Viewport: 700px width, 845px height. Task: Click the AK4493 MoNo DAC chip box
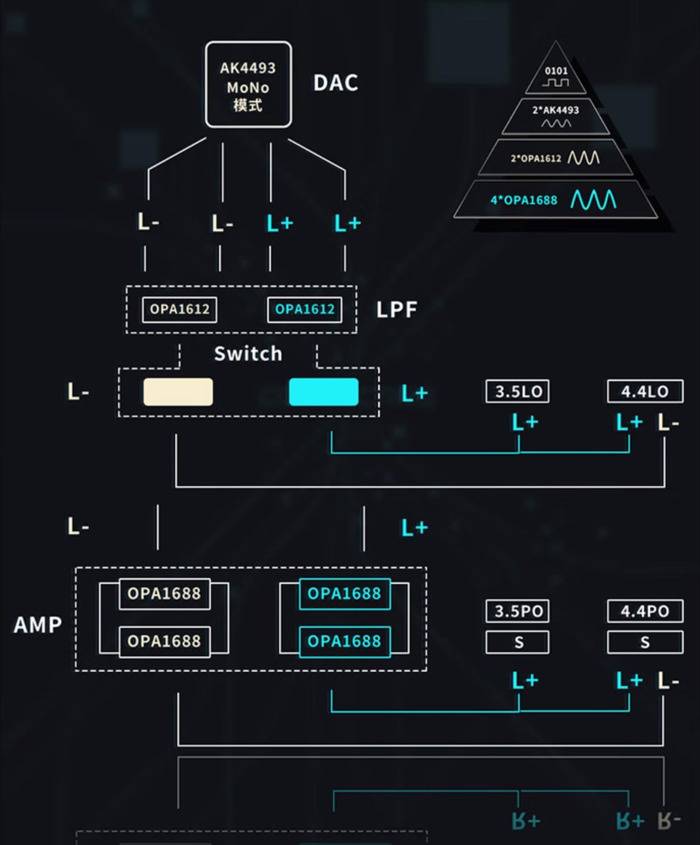(248, 85)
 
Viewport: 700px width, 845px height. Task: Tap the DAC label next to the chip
(335, 83)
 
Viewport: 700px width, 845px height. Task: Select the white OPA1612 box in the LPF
(180, 309)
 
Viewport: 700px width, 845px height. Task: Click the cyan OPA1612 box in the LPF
(304, 309)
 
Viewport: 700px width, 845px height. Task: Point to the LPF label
(397, 310)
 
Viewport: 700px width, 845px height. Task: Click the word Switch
(248, 354)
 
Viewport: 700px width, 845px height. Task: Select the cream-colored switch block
(178, 392)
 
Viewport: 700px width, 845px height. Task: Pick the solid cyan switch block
(324, 392)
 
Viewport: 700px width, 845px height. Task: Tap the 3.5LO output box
(517, 392)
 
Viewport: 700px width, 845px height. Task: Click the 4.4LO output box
(645, 392)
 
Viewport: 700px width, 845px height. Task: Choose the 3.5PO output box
(517, 611)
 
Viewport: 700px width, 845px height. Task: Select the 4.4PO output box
(645, 611)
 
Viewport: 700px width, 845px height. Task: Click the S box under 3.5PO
(517, 643)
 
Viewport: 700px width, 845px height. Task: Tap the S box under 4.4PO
(645, 643)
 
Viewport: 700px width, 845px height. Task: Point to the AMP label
(38, 625)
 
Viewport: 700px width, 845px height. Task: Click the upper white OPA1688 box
(164, 594)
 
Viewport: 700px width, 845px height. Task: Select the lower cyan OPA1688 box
(344, 641)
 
